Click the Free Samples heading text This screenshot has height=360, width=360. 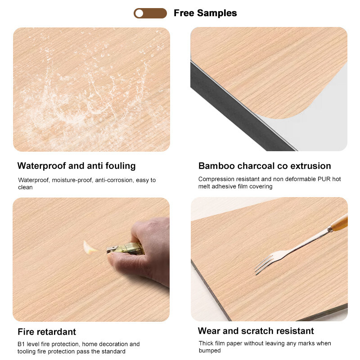(x=205, y=13)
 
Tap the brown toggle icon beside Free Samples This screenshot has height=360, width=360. (x=150, y=13)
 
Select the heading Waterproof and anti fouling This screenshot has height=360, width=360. (x=76, y=166)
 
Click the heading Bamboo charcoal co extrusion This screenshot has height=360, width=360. (x=265, y=166)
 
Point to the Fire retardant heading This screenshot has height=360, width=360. (x=47, y=332)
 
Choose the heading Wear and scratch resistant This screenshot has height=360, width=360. (x=256, y=331)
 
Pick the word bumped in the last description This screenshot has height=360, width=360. (x=210, y=351)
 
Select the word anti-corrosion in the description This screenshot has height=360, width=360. (x=117, y=180)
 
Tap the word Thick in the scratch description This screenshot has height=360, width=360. (x=207, y=343)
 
